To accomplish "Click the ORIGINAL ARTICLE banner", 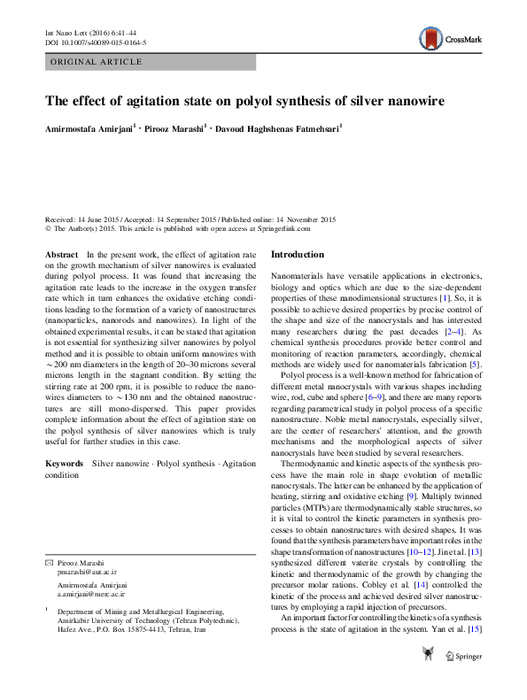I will (97, 62).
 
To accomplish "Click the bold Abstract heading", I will (61, 254).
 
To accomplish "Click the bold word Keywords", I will (65, 464).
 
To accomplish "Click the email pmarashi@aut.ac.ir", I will (87, 573).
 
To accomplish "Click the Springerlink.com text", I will (283, 228).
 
